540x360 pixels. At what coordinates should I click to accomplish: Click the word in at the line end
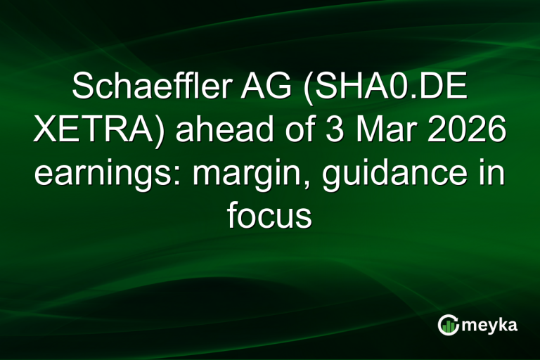click(489, 174)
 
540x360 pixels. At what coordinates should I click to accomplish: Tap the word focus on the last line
click(269, 217)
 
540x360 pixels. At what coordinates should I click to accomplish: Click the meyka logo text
click(493, 325)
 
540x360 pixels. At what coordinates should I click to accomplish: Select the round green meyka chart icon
click(449, 324)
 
